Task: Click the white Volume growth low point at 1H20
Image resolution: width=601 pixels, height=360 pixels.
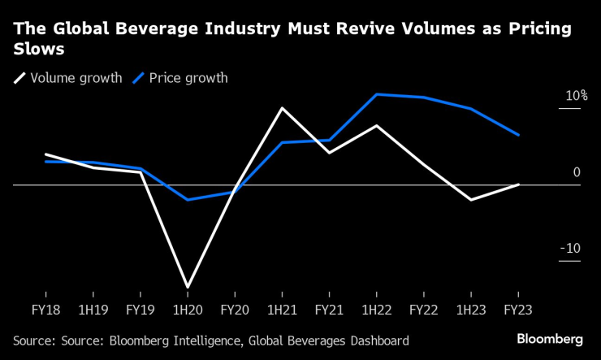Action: click(188, 288)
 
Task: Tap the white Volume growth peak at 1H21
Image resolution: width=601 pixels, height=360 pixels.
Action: click(282, 108)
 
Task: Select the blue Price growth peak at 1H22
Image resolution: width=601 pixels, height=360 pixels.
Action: click(377, 94)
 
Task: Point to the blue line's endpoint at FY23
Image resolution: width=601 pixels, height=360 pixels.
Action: click(519, 135)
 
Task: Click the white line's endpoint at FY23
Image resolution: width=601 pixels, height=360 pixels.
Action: click(519, 184)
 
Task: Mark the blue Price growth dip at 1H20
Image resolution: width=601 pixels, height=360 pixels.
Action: click(188, 200)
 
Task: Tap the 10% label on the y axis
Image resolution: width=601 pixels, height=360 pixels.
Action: click(577, 96)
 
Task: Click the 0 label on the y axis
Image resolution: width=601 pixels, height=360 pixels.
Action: click(577, 172)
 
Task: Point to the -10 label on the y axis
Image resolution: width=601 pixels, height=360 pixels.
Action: click(572, 249)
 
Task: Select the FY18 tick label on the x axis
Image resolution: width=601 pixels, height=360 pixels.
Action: click(45, 310)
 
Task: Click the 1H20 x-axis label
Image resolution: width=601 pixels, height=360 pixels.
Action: click(188, 310)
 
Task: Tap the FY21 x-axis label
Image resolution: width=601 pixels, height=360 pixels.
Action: click(329, 310)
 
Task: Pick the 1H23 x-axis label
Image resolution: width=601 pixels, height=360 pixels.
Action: click(471, 310)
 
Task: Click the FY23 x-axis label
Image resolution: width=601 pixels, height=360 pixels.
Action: click(519, 310)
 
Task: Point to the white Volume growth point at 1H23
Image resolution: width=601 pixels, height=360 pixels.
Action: click(471, 199)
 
